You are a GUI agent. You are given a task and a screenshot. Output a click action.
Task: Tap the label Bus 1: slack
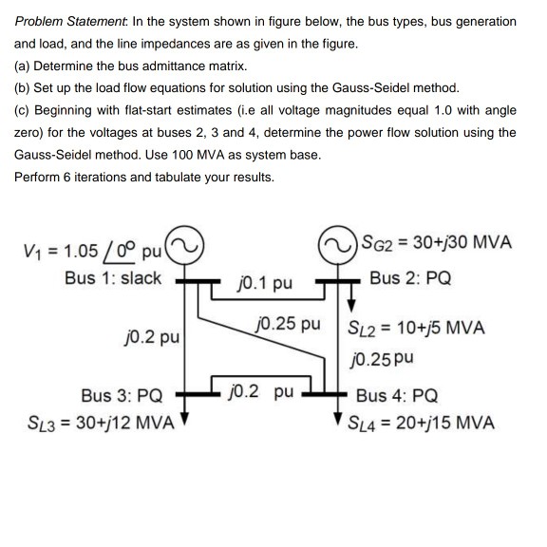113,278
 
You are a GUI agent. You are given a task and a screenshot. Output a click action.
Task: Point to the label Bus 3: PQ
122,395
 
